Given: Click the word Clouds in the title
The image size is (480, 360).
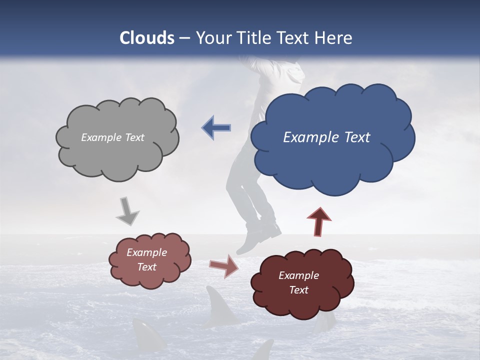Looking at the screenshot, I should (x=147, y=38).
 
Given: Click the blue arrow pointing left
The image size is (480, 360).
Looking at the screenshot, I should (x=216, y=127).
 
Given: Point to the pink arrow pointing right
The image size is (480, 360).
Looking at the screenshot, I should (x=224, y=266).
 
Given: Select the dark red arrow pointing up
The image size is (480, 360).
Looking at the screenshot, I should (x=319, y=221).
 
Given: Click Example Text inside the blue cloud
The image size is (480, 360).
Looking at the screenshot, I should (x=326, y=137).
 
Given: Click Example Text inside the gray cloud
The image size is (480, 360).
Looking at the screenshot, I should (x=112, y=137).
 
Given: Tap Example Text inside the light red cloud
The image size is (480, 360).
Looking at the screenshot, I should (x=147, y=260).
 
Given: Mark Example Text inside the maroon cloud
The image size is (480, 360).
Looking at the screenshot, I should (x=298, y=282).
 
